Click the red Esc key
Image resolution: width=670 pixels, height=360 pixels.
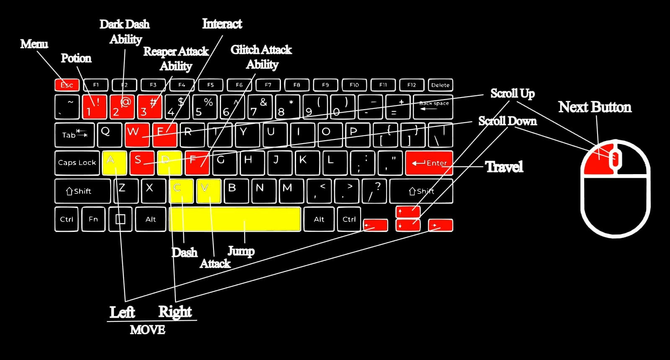67,85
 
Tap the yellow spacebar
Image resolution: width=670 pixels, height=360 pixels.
235,219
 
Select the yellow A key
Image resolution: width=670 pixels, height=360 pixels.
114,162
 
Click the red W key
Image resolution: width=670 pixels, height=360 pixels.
137,134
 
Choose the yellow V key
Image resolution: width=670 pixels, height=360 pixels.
209,191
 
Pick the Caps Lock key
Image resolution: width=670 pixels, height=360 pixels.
77,163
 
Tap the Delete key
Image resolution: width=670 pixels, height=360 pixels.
440,85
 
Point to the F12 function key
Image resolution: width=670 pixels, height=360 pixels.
412,85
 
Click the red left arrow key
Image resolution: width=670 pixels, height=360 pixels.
375,225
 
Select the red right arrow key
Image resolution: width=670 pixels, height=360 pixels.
440,225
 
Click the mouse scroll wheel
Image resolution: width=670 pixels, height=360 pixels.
615,158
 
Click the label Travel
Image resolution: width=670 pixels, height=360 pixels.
504,167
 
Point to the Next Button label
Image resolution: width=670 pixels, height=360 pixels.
595,107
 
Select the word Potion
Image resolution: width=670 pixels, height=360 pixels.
76,58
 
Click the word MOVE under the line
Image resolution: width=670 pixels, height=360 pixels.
147,330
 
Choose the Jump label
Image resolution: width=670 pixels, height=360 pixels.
241,251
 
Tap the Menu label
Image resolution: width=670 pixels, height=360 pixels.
34,44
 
